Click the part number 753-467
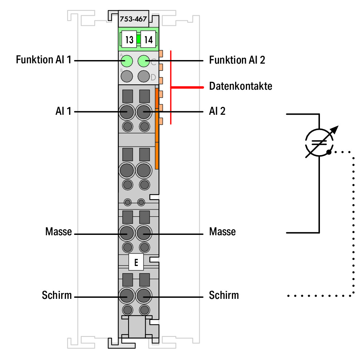tap(133, 19)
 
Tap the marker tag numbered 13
tap(129, 39)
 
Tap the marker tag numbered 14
tap(148, 39)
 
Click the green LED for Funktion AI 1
tap(127, 61)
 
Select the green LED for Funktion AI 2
tap(144, 61)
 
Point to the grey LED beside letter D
tap(144, 76)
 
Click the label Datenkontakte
tap(241, 86)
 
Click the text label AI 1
tap(63, 111)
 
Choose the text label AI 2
tap(217, 111)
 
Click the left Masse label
tap(58, 231)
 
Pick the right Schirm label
tap(224, 295)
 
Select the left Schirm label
tap(57, 295)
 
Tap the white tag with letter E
tap(136, 262)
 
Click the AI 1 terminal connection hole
tap(127, 112)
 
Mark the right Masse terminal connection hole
tap(144, 233)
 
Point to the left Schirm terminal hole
tap(127, 296)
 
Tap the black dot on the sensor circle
tap(329, 152)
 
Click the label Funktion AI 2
tap(237, 60)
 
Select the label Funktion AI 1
tap(43, 60)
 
